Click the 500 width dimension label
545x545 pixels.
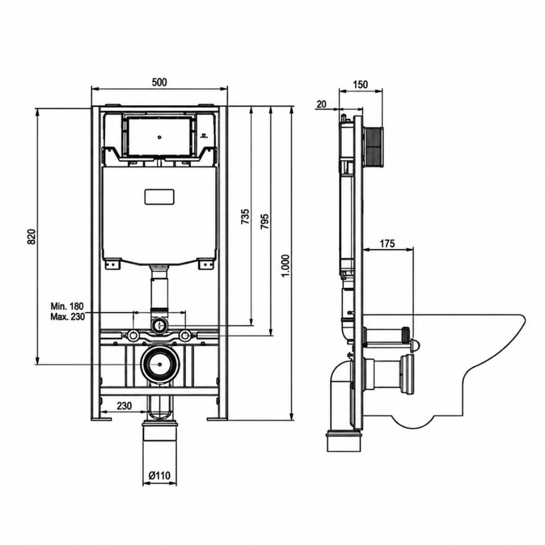[159, 82]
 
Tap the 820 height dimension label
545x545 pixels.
[32, 237]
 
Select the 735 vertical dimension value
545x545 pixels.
[245, 216]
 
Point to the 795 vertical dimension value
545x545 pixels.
[264, 221]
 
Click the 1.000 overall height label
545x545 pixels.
[285, 266]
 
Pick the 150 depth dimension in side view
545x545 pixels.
[360, 84]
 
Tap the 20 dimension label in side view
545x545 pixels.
[322, 104]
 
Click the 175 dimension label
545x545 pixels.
[387, 244]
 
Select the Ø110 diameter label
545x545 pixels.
[160, 475]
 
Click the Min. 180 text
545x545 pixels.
[67, 306]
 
